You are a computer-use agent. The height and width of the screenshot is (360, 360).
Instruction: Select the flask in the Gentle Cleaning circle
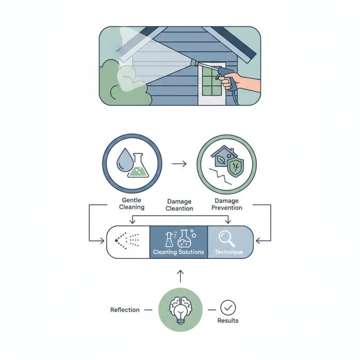139,165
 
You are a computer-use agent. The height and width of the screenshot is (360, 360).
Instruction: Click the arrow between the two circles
180,164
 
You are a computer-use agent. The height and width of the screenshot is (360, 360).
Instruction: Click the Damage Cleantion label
180,205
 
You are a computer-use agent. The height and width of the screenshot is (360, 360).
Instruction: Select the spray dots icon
128,242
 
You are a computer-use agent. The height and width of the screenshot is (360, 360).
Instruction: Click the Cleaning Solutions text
178,252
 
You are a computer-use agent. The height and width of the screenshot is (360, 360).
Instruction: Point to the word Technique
229,252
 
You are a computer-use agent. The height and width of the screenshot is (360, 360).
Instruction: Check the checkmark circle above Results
228,308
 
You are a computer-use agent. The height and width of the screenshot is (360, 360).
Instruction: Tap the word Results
228,321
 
